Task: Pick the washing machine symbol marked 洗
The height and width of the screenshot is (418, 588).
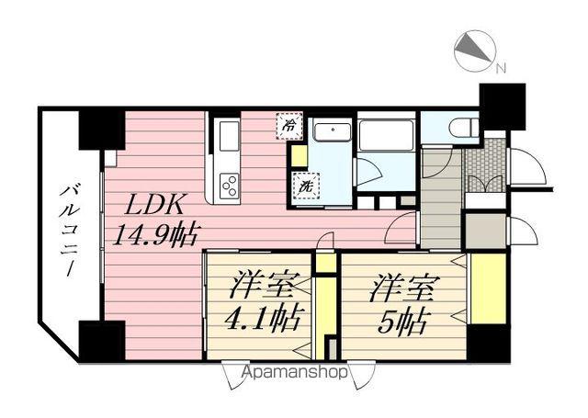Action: coord(304,185)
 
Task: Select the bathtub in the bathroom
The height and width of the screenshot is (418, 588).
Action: coord(387,136)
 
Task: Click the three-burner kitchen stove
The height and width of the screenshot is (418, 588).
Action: coord(230,184)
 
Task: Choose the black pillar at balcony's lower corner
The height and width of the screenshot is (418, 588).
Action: coord(101,341)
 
